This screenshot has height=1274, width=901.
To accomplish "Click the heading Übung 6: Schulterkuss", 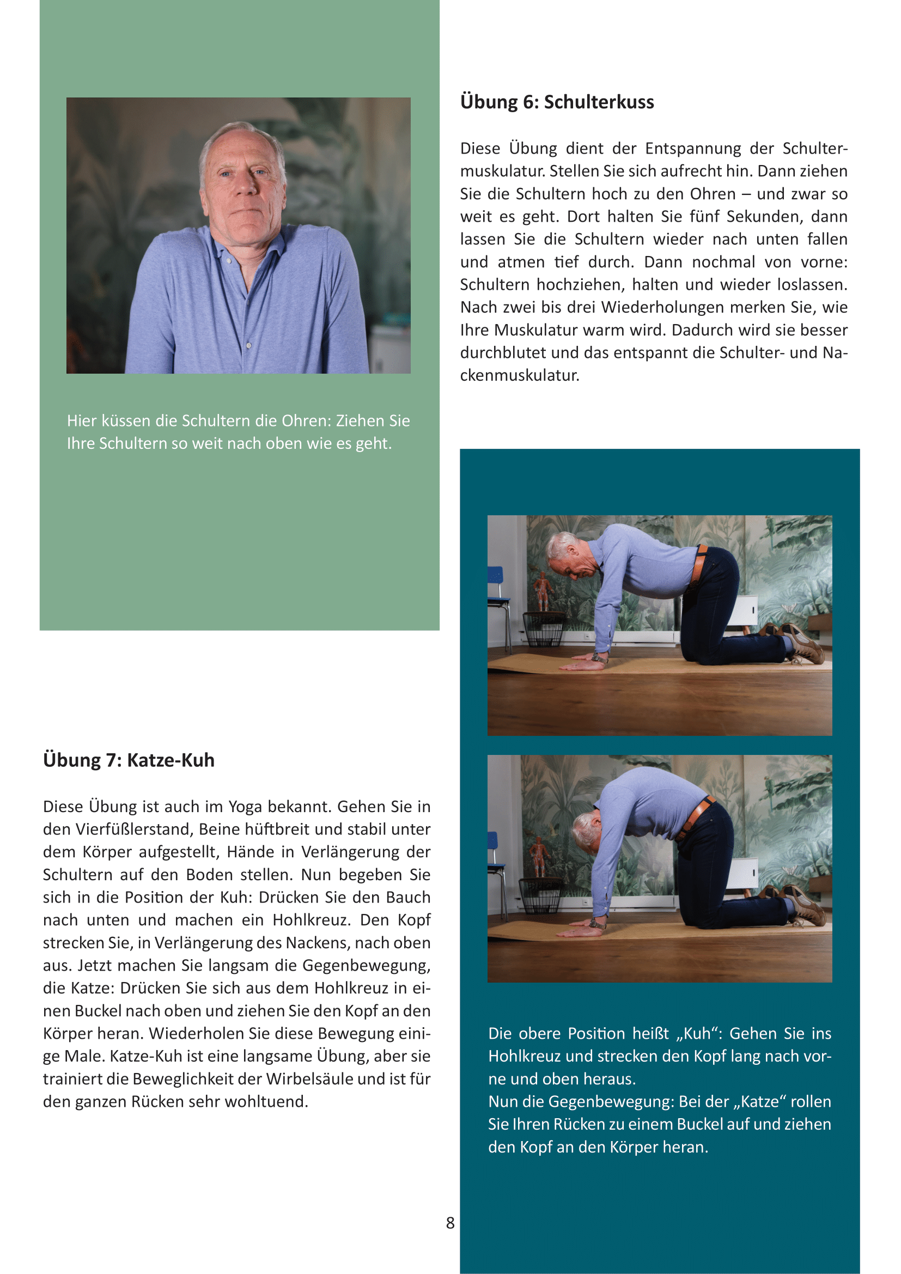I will (557, 102).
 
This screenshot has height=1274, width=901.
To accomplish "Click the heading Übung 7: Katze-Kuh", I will (129, 760).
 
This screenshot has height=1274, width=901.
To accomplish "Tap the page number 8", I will (450, 1222).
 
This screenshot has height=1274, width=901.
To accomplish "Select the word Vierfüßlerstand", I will (132, 829).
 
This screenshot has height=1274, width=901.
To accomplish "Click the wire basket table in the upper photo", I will (544, 629).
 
